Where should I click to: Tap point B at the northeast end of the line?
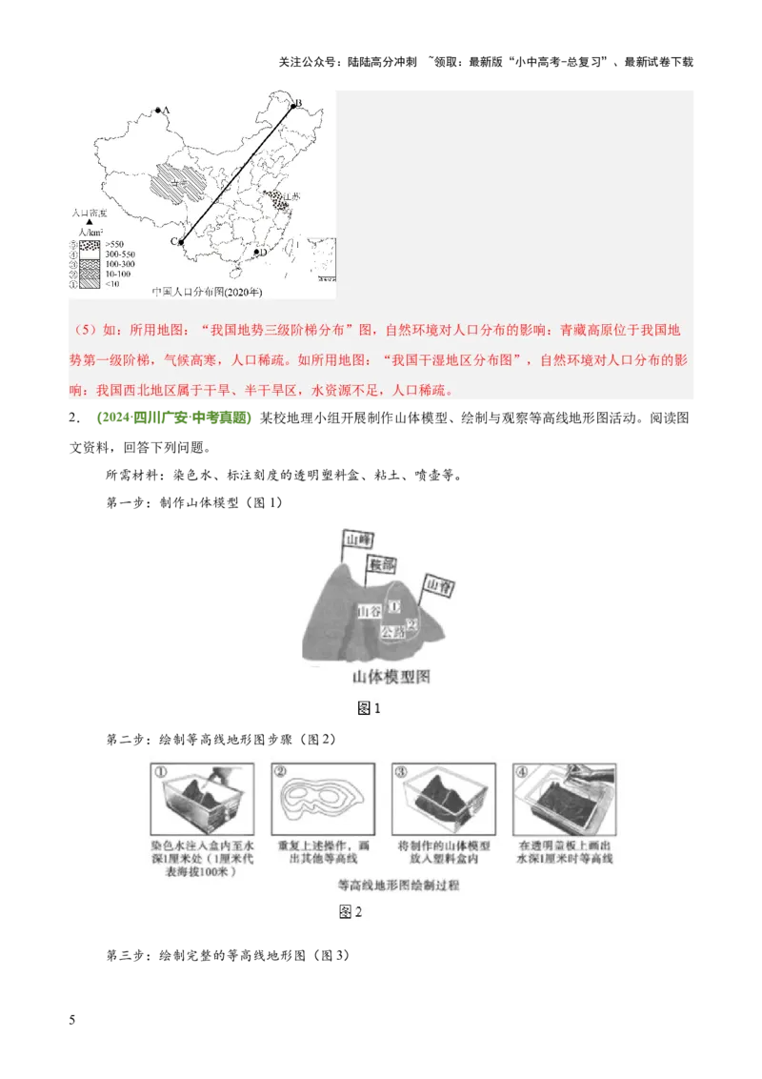(293, 106)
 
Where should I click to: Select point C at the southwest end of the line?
(181, 242)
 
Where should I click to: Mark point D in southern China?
(256, 253)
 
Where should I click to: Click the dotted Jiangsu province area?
(277, 201)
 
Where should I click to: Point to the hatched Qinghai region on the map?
(181, 180)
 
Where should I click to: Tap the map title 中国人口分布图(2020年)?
(207, 292)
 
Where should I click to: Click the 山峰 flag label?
(357, 539)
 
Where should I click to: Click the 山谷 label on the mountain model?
(370, 611)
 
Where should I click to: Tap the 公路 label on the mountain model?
(391, 631)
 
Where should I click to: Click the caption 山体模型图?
(391, 678)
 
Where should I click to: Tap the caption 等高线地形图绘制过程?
(391, 885)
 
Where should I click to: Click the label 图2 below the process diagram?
(351, 911)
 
